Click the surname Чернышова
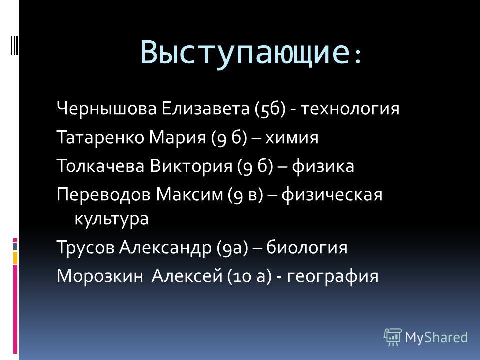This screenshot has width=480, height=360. (107, 108)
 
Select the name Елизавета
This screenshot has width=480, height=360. (205, 108)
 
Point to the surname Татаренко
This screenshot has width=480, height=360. (100, 137)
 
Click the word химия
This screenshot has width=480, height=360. (292, 138)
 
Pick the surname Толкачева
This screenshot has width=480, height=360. (100, 166)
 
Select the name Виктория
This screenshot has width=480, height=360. (191, 166)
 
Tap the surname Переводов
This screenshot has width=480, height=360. (104, 195)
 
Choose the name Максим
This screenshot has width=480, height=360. (190, 195)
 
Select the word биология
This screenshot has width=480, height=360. (307, 247)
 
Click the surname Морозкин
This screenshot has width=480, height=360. (100, 276)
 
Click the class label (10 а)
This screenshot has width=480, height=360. (249, 276)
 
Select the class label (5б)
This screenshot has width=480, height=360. (270, 108)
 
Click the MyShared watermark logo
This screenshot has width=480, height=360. (426, 337)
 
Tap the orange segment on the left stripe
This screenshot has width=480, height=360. (15, 258)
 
